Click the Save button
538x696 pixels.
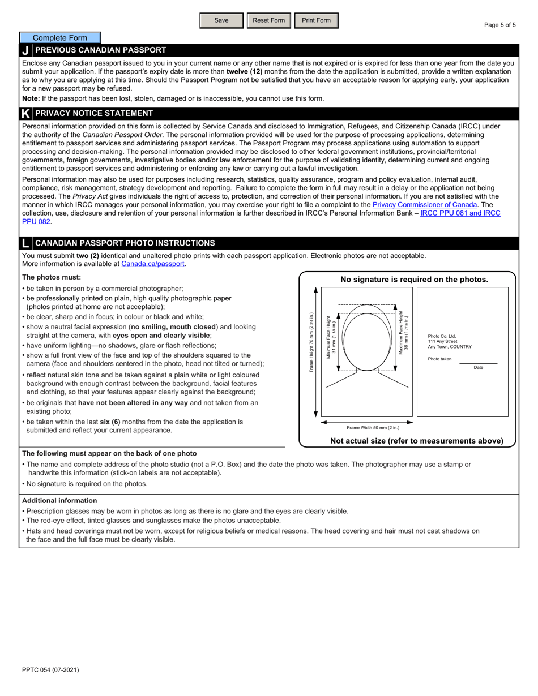point(221,20)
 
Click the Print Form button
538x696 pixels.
point(316,20)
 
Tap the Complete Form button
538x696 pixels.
point(60,38)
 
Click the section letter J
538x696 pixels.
point(25,50)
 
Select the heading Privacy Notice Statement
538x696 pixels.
point(94,113)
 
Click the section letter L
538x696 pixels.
point(25,243)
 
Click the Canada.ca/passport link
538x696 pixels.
point(153,264)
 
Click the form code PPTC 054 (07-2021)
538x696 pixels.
point(50,670)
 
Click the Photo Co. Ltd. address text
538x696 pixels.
point(450,341)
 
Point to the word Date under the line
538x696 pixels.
point(479,368)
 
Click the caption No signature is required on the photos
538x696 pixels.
point(414,280)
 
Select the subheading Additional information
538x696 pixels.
point(59,501)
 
